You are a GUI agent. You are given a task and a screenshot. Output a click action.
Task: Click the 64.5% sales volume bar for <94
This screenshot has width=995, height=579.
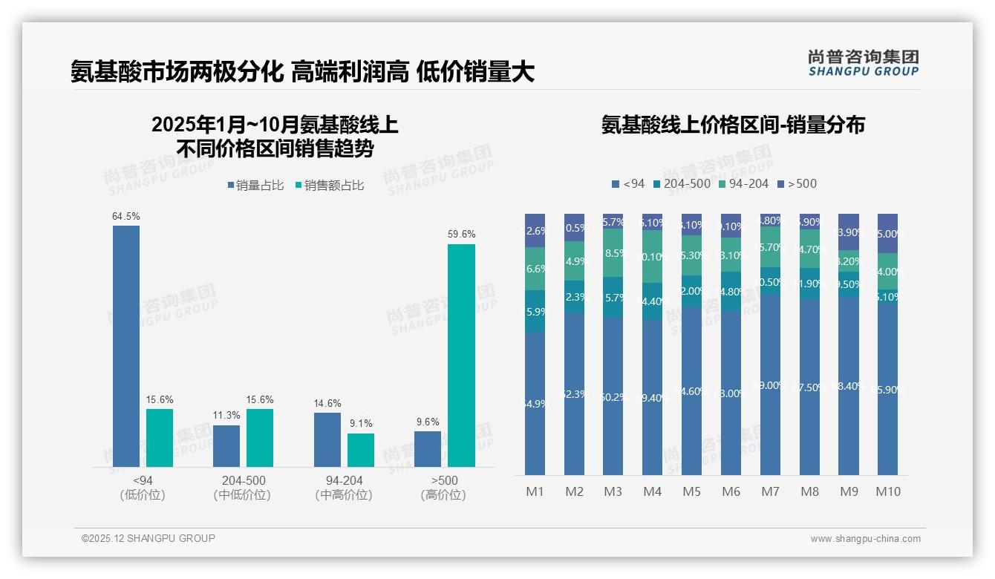(126, 346)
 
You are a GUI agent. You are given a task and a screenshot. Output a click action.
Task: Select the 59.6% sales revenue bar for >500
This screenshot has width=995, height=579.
(461, 355)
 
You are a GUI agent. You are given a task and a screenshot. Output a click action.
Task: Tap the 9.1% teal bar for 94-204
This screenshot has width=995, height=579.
(361, 450)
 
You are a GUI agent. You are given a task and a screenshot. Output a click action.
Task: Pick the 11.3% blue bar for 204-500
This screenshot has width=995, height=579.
(226, 445)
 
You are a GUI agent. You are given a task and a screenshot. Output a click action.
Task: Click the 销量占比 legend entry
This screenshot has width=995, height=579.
(255, 186)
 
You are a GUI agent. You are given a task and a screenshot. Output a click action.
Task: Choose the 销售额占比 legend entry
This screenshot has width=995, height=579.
(330, 186)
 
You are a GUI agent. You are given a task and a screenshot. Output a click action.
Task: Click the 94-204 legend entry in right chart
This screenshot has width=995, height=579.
(743, 183)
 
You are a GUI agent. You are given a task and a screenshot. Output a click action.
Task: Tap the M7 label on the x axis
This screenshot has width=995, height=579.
(770, 491)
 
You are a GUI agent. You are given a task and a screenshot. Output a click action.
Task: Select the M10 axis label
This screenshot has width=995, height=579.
(887, 491)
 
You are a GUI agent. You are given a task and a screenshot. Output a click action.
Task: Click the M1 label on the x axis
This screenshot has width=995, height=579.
(535, 491)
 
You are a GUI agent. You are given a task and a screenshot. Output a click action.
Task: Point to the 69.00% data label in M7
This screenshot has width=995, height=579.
(770, 385)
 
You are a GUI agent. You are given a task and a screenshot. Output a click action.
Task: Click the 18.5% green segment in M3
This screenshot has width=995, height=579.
(613, 253)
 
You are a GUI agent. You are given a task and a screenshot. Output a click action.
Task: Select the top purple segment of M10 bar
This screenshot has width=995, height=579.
(887, 233)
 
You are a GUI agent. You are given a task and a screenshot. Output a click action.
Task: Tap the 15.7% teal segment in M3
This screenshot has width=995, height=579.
(613, 298)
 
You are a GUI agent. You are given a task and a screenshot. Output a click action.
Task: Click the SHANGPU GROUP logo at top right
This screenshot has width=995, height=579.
(863, 63)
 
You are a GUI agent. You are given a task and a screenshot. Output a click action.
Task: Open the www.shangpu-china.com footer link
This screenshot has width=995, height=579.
(865, 539)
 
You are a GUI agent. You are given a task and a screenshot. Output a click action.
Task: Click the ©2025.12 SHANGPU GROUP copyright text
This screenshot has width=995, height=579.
(149, 538)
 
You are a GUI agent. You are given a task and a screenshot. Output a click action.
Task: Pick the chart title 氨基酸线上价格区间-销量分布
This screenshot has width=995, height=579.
(733, 125)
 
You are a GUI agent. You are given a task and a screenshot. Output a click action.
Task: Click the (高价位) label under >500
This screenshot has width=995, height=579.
(443, 495)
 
